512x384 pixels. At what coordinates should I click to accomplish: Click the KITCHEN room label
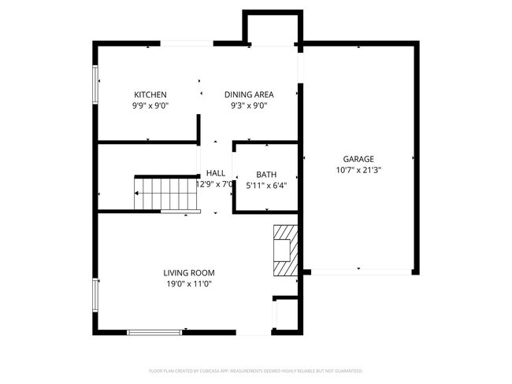tap(150, 94)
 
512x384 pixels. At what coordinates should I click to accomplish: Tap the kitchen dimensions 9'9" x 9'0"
tap(150, 105)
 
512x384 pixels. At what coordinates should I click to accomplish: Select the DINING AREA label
tap(249, 94)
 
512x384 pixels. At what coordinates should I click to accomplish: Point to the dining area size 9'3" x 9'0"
tap(249, 105)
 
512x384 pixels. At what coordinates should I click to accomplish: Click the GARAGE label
tap(358, 158)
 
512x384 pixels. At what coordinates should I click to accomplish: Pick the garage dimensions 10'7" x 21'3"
tap(358, 169)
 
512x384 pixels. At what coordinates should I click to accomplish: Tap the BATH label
tap(266, 175)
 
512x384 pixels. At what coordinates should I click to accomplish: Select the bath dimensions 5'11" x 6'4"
tap(266, 186)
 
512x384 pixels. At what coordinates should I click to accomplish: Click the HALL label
tap(215, 173)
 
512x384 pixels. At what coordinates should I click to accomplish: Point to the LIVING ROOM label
tap(188, 272)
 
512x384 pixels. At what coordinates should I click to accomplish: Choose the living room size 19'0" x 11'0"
tap(188, 283)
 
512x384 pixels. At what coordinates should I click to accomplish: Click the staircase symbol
tap(161, 194)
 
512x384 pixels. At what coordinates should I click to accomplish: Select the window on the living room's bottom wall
tap(154, 332)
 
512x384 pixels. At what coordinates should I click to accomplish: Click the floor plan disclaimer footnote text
tap(255, 370)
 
